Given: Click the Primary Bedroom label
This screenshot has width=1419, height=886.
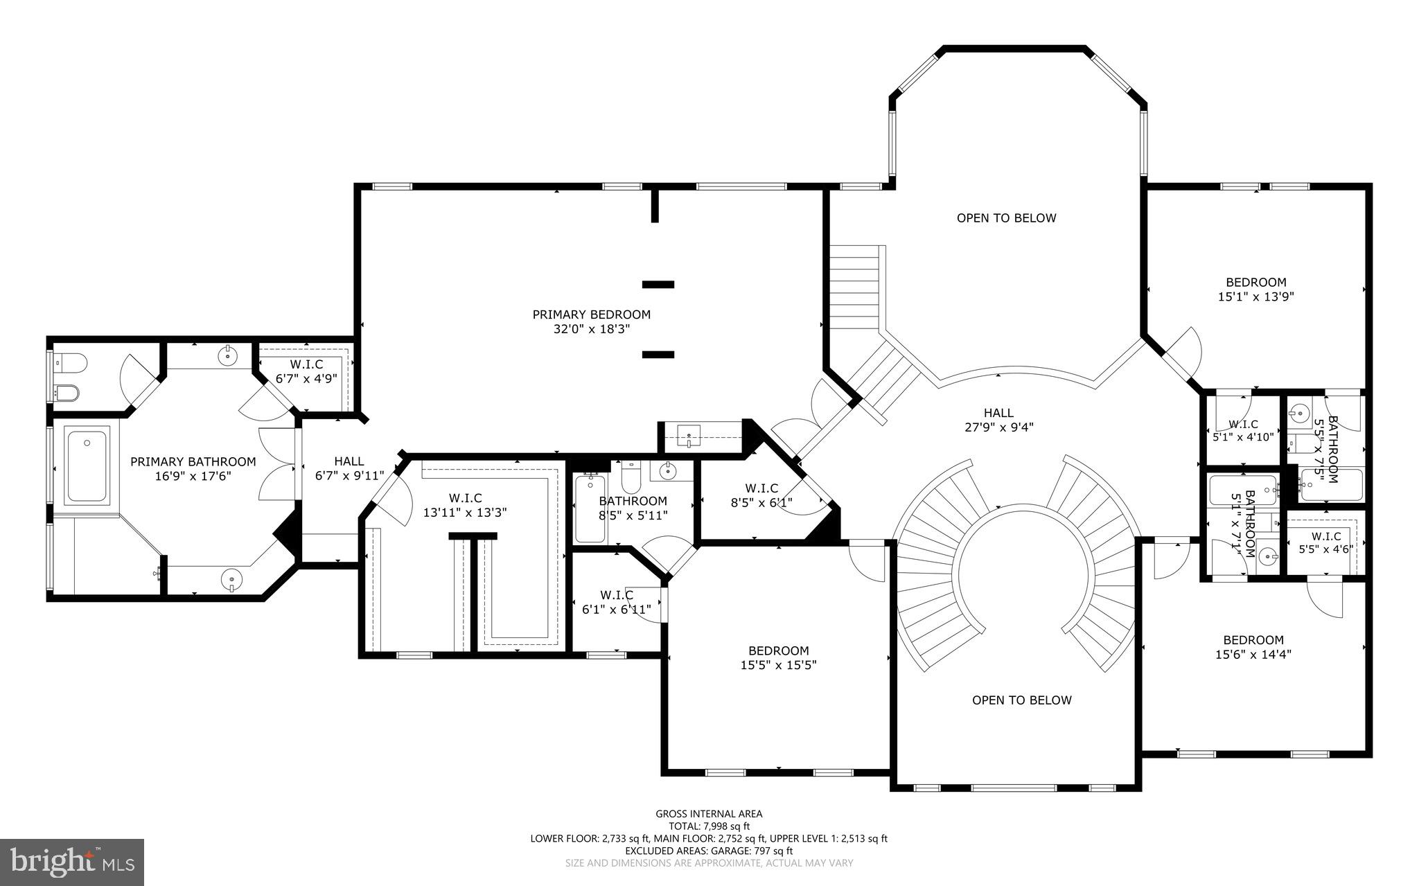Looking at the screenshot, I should click(x=591, y=314).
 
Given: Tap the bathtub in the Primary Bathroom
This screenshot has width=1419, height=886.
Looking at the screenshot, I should click(x=87, y=465).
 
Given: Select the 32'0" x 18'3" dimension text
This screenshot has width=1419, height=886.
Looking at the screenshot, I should click(x=591, y=330).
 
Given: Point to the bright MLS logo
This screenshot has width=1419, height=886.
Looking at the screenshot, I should click(x=72, y=861).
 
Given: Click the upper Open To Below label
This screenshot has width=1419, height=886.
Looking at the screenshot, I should click(x=1006, y=218).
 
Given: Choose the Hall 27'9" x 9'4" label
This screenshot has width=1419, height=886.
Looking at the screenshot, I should click(x=998, y=420).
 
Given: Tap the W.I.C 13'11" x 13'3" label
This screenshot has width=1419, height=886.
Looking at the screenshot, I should click(x=465, y=505).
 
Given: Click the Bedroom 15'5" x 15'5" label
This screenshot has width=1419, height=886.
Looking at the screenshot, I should click(x=778, y=658).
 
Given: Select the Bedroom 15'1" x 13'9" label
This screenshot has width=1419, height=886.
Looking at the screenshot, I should click(x=1255, y=290).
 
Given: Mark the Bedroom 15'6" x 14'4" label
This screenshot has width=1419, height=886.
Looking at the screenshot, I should click(x=1253, y=647).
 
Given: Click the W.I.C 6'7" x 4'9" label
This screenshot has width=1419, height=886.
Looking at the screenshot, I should click(x=306, y=371).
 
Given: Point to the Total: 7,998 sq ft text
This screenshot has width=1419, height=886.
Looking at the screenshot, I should click(x=709, y=826).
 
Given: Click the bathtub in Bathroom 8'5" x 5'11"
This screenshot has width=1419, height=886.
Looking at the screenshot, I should click(x=590, y=509).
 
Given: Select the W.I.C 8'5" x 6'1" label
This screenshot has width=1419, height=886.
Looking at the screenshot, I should click(x=761, y=495).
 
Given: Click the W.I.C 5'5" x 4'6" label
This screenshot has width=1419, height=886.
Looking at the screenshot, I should click(x=1325, y=542).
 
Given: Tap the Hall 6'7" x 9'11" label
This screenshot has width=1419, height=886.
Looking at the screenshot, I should click(x=349, y=468).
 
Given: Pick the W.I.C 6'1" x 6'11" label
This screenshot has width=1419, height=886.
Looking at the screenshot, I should click(x=616, y=602).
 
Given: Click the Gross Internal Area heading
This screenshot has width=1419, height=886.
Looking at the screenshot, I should click(x=709, y=814).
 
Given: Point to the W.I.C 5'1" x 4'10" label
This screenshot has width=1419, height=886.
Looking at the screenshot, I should click(x=1243, y=430).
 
